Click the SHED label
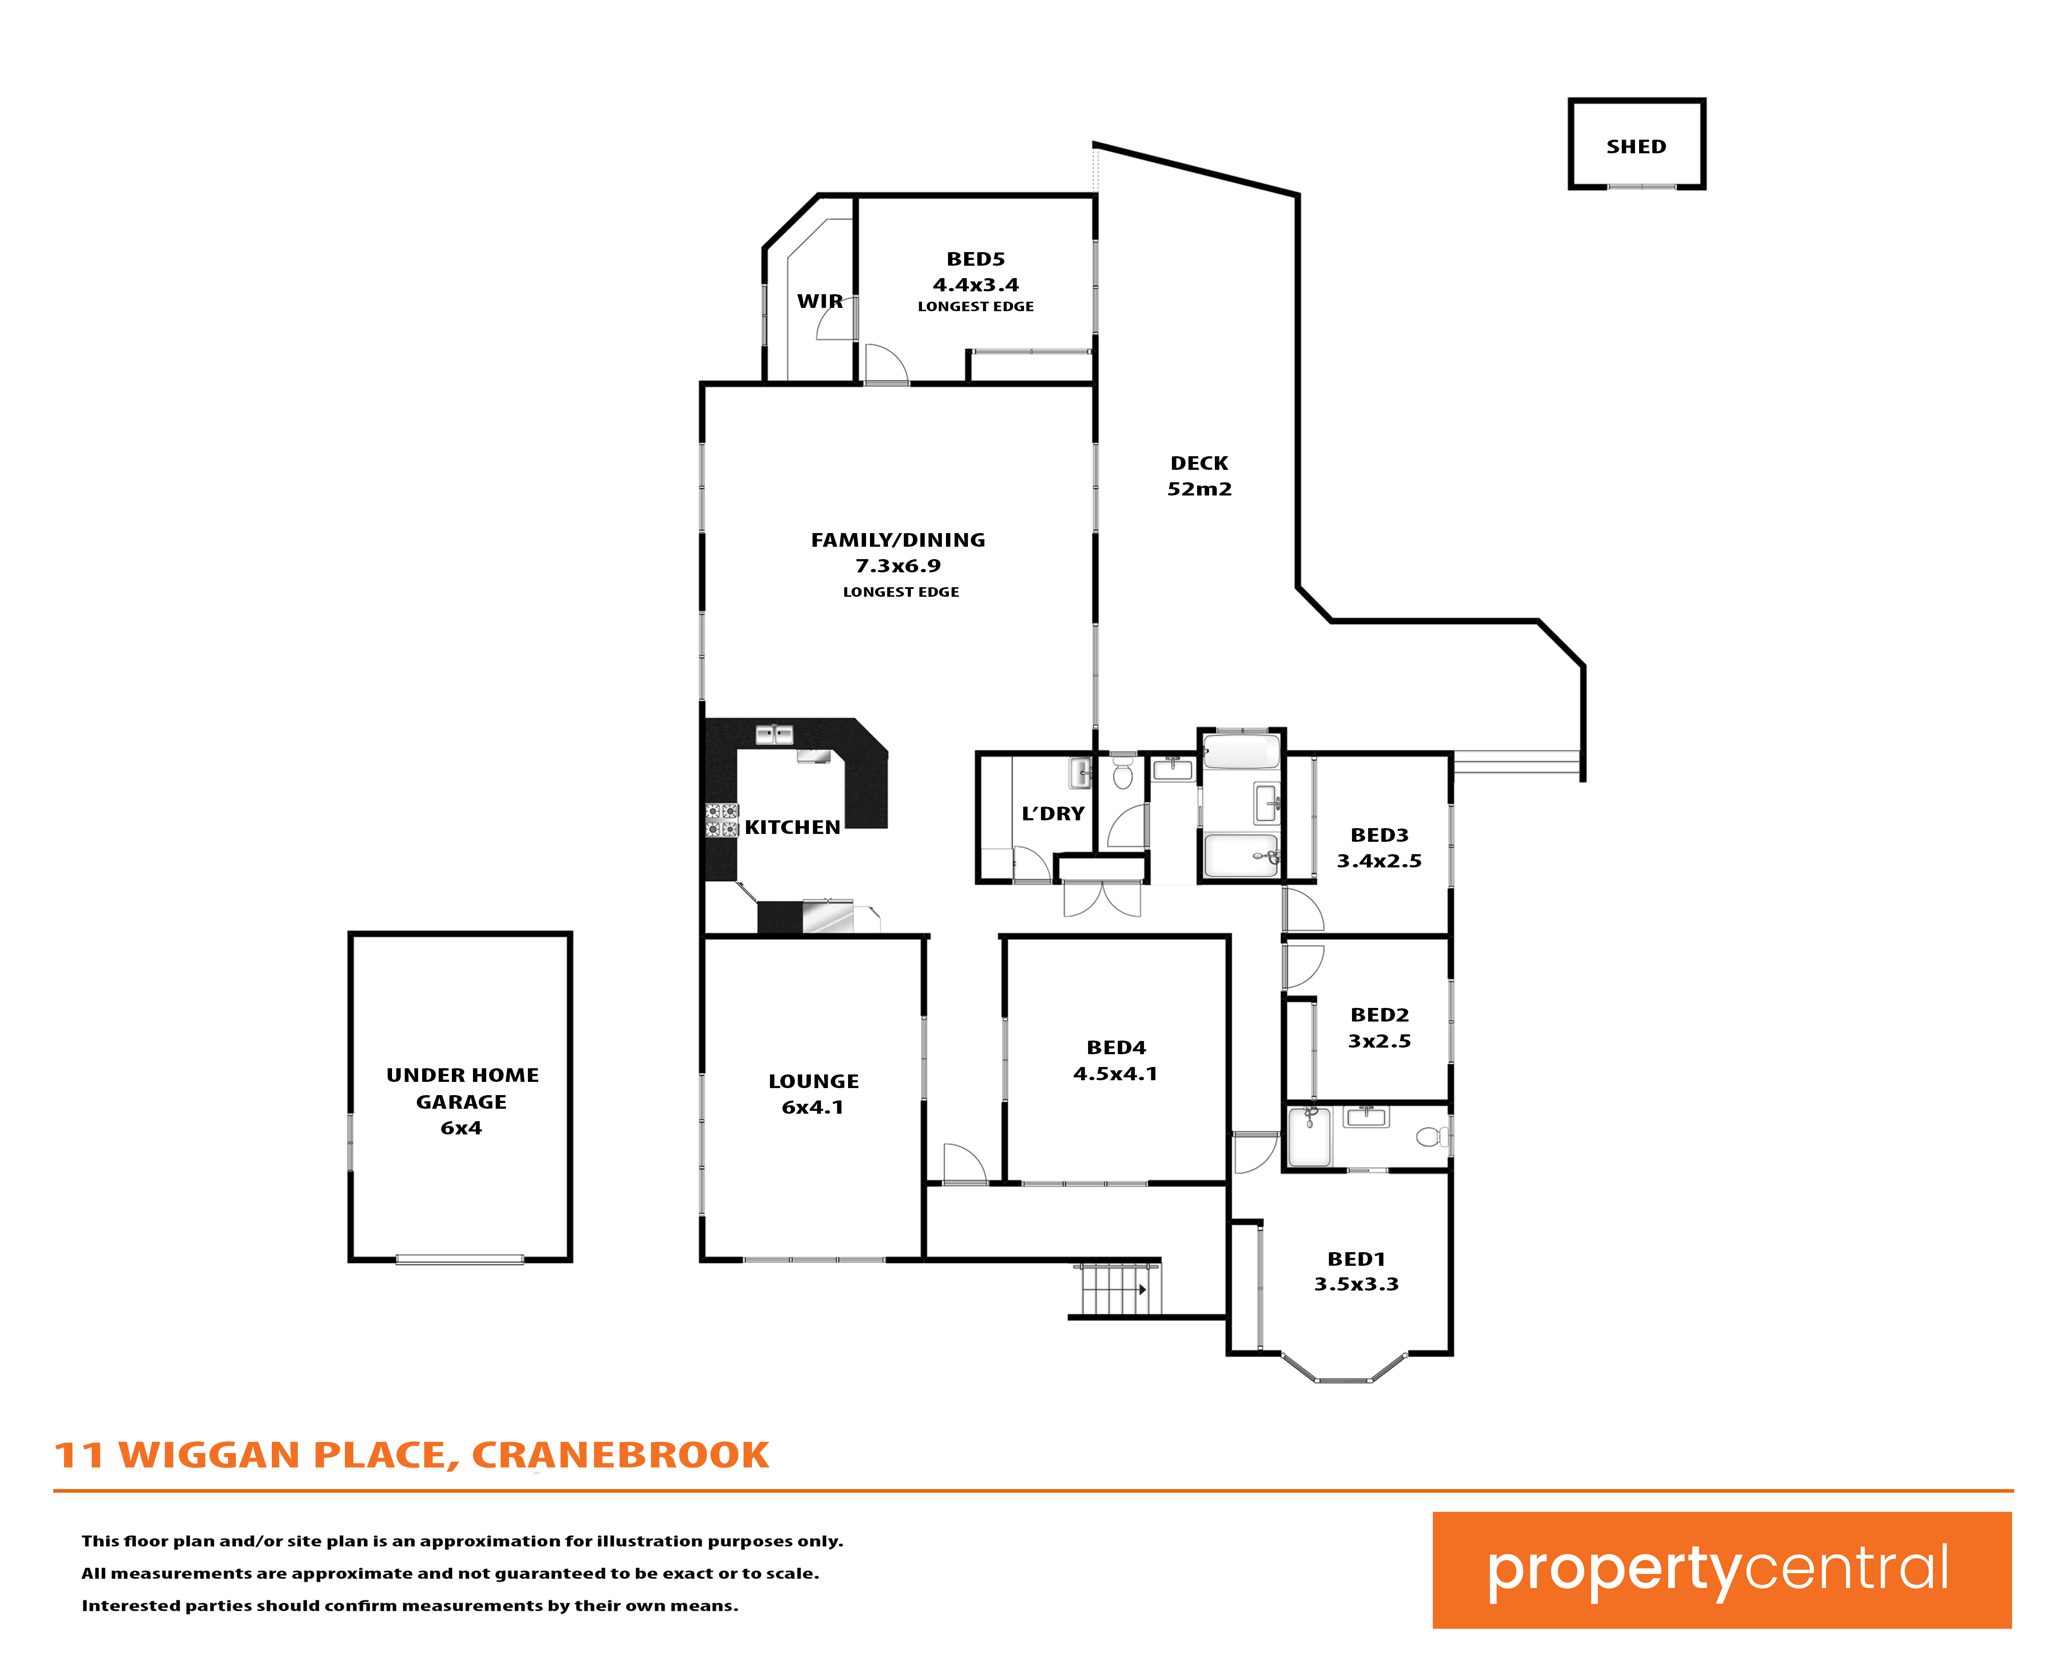pos(1636,147)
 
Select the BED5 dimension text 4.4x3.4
pos(976,285)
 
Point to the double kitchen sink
pos(774,735)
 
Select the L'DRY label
pos(1053,814)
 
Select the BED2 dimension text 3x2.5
pos(1379,1041)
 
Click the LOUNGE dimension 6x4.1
pos(812,1107)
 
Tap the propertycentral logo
pos(1721,1570)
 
